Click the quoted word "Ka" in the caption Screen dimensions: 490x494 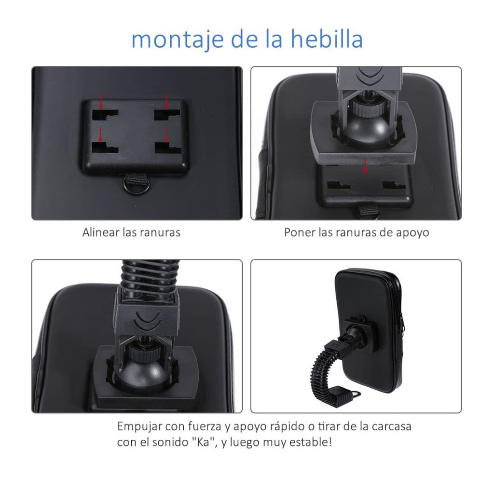click(205, 442)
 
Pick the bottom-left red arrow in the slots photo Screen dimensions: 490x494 click(101, 134)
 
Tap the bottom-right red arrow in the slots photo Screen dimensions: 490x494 click(166, 134)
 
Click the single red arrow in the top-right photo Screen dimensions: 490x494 click(365, 166)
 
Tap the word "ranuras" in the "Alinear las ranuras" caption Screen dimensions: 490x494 click(161, 232)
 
